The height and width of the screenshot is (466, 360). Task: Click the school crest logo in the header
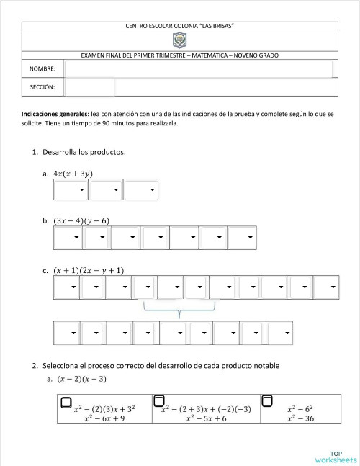click(180, 41)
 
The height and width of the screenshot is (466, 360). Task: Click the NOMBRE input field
click(199, 68)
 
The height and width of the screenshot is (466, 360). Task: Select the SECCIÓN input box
click(89, 87)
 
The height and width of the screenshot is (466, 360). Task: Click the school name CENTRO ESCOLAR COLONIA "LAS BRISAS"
click(180, 26)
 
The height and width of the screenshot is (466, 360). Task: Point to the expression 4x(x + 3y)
click(73, 174)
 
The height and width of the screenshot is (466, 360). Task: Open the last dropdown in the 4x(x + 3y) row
click(141, 190)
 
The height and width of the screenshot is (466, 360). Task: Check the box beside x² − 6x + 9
click(66, 401)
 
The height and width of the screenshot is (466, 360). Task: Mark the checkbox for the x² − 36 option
click(266, 400)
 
